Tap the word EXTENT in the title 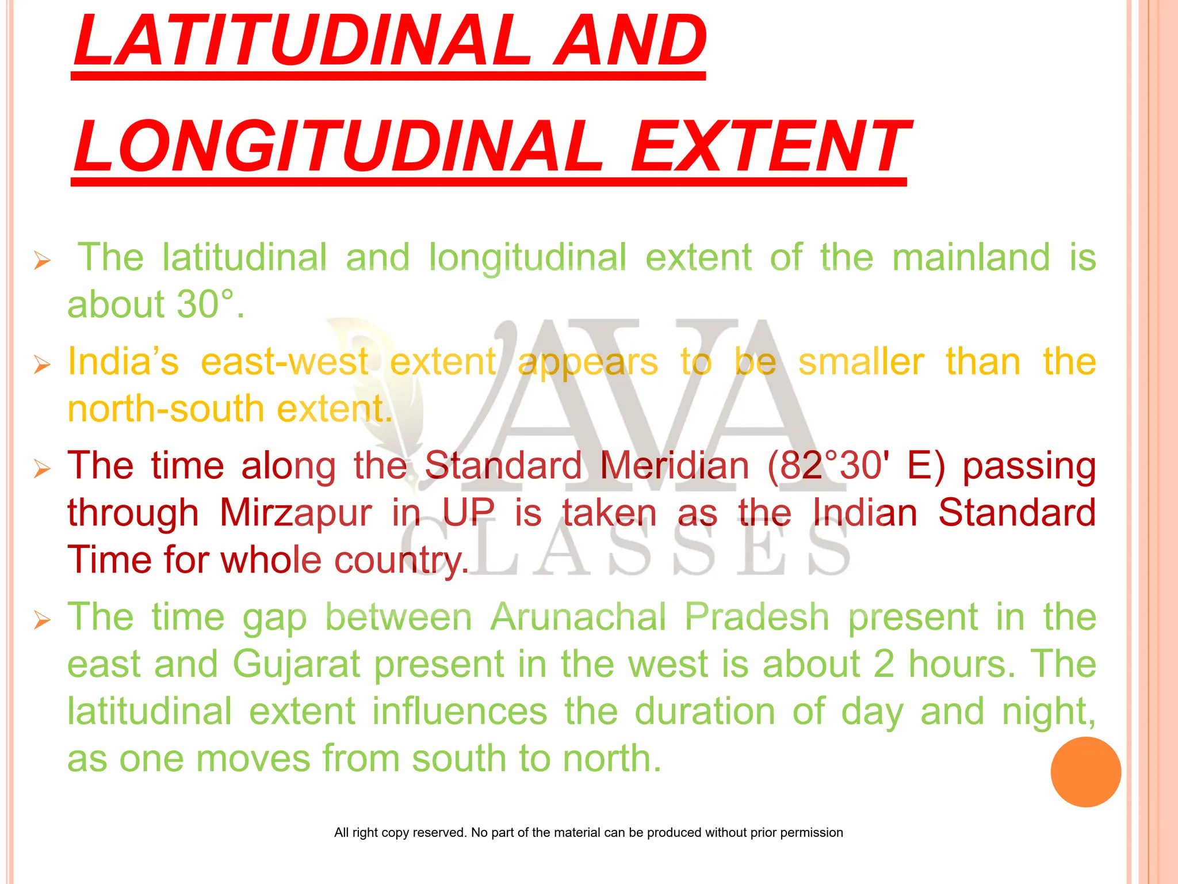click(x=770, y=147)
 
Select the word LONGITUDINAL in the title click(x=339, y=147)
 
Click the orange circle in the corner click(x=1085, y=772)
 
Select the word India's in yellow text click(x=123, y=361)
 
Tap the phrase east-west click(x=284, y=361)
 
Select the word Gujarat click(x=296, y=664)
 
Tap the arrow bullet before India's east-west click(x=42, y=364)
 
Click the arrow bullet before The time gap click(x=42, y=620)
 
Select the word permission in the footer click(x=811, y=832)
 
